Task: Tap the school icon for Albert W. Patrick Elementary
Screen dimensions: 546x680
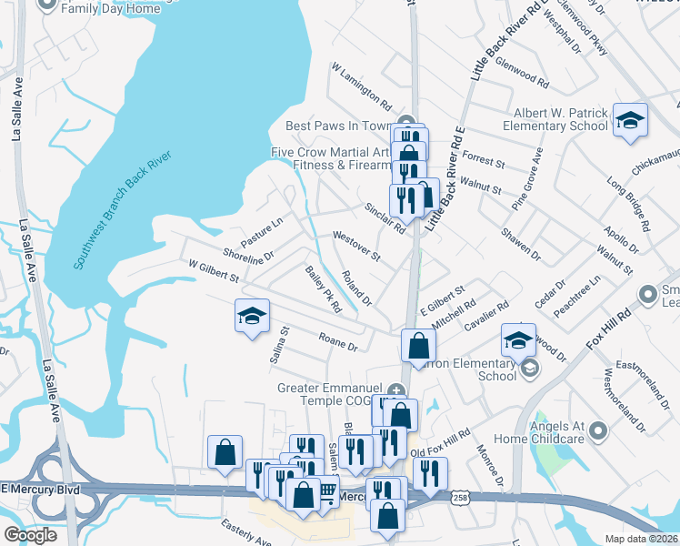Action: click(x=629, y=121)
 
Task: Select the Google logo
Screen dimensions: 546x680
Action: click(x=30, y=534)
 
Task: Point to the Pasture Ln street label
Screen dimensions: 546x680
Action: click(x=262, y=231)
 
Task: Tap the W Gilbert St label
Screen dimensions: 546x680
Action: click(x=213, y=270)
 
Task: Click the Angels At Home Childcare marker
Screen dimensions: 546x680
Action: click(x=597, y=430)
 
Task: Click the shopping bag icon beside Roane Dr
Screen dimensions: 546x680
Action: click(x=418, y=345)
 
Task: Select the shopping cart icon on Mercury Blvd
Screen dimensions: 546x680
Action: click(x=326, y=490)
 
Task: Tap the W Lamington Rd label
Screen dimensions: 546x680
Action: click(x=361, y=86)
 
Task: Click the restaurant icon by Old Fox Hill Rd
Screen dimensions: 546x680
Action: click(x=429, y=472)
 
